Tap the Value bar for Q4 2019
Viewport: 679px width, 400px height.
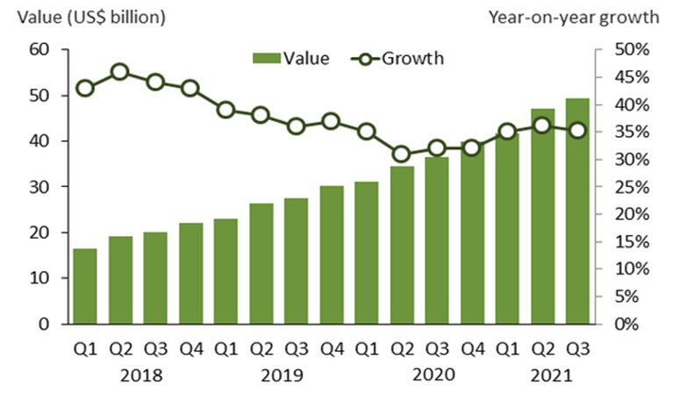tap(331, 254)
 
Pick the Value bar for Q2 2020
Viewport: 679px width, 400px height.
tap(401, 245)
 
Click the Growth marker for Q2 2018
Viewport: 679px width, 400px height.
tap(120, 72)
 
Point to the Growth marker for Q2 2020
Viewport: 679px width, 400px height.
tap(401, 154)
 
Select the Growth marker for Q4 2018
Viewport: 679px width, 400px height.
tap(190, 88)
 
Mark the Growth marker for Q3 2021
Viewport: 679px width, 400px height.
tap(576, 131)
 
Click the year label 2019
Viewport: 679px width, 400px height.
tap(280, 376)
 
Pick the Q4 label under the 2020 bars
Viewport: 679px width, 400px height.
tap(471, 348)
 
